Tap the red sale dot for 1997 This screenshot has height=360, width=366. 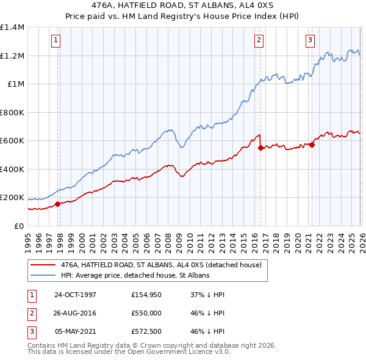tap(58, 204)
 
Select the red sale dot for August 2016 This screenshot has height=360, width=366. tap(260, 148)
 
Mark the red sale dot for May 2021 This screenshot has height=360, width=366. tap(312, 145)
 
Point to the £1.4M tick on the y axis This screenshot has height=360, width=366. tap(12, 27)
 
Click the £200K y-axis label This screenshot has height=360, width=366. tap(12, 198)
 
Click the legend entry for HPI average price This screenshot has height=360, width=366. tap(135, 275)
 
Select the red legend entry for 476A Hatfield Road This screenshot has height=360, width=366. tap(161, 265)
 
